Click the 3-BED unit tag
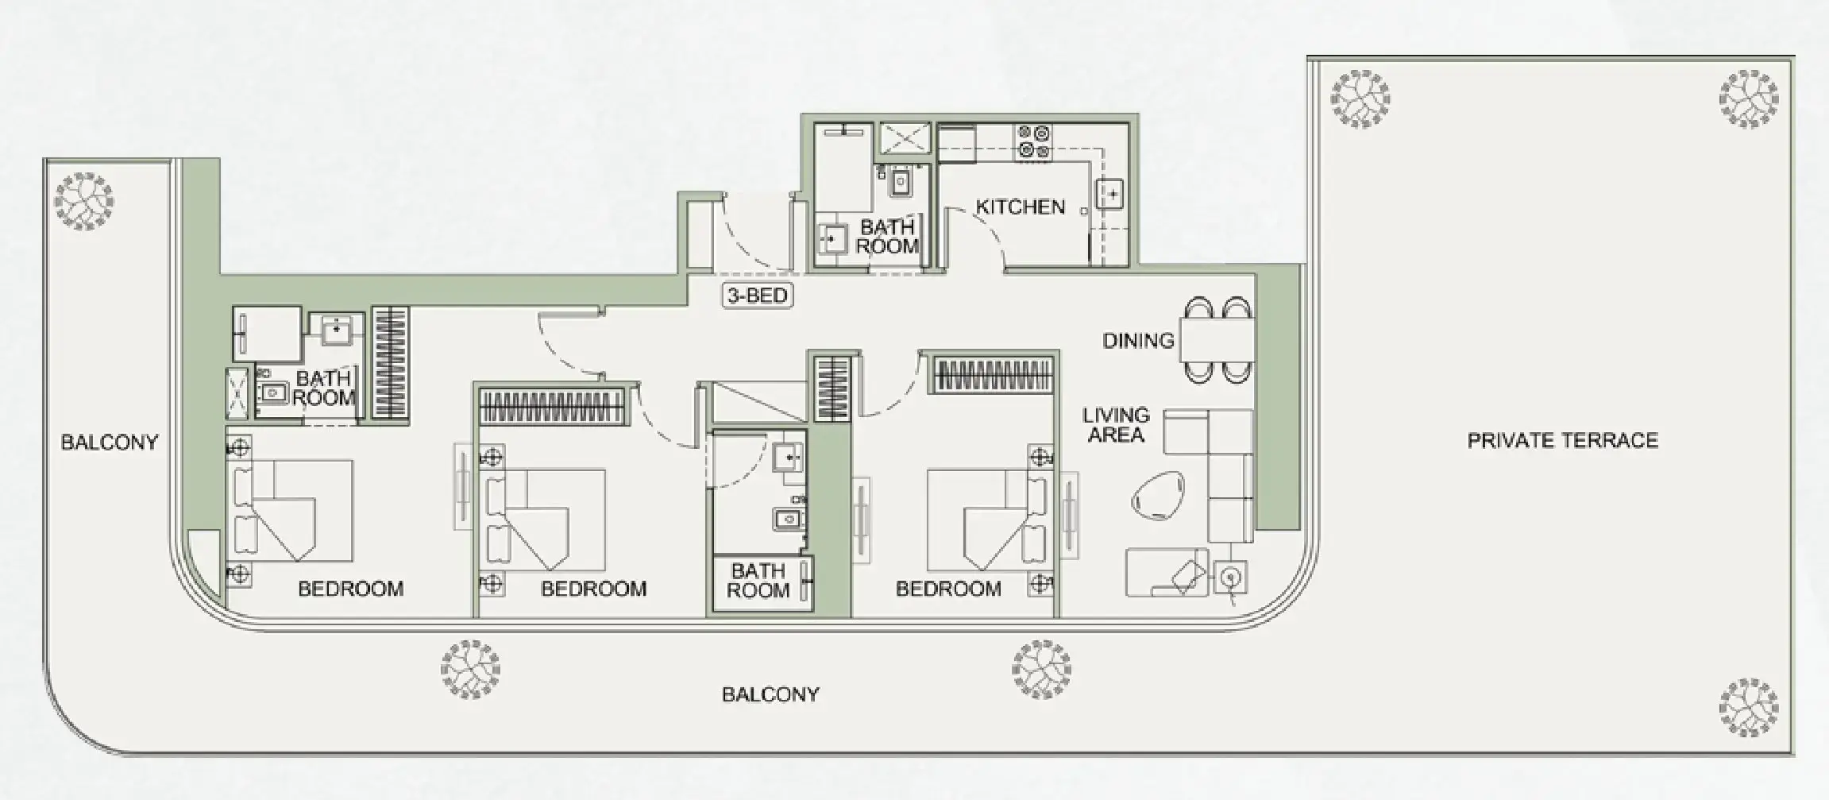(758, 296)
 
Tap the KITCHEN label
(1020, 207)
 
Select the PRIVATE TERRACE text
(1562, 441)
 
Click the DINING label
(1138, 341)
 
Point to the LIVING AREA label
(1116, 425)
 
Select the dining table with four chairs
(1217, 340)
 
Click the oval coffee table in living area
(1157, 496)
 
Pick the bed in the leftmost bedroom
(292, 509)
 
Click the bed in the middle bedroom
(546, 519)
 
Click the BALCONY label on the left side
(110, 443)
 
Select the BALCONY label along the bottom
(770, 695)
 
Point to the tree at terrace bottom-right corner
(1748, 707)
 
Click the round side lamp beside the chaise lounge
(1230, 577)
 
